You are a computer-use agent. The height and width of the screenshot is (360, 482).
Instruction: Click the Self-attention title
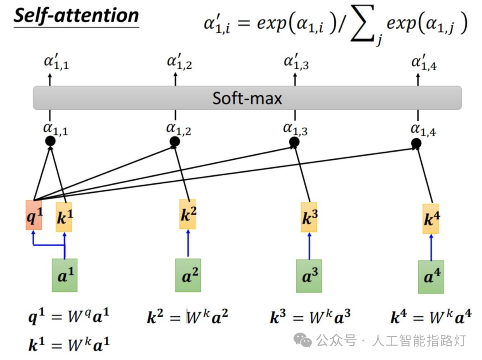(x=76, y=16)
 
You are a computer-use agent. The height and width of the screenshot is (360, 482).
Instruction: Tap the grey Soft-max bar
(x=247, y=98)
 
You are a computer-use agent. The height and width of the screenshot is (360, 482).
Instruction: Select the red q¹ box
(x=34, y=215)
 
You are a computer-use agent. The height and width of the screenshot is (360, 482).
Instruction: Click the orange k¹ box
(x=64, y=217)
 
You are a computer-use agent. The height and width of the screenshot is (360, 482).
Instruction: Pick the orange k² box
(x=188, y=215)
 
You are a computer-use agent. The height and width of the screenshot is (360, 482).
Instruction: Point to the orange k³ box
(x=309, y=217)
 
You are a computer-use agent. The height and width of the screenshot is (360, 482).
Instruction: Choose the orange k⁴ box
(x=431, y=219)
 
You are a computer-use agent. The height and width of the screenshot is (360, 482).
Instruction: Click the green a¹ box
(x=65, y=275)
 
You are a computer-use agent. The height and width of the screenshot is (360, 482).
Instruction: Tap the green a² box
(x=188, y=275)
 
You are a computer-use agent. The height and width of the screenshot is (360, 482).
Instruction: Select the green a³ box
(x=309, y=276)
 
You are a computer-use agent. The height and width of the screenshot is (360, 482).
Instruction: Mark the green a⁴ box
(x=431, y=277)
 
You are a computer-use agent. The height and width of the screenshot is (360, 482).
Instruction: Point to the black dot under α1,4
(x=416, y=143)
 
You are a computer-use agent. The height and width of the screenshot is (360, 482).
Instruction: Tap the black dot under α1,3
(x=294, y=142)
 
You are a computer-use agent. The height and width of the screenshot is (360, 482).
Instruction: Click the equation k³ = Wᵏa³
(x=310, y=317)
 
